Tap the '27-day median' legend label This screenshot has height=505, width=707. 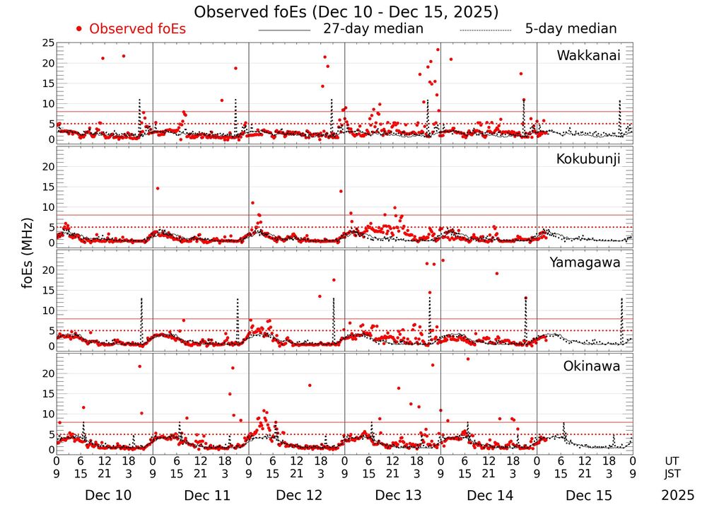(x=373, y=29)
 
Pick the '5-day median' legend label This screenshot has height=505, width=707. (x=571, y=29)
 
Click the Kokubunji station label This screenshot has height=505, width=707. (x=587, y=159)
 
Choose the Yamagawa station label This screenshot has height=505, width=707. (x=585, y=262)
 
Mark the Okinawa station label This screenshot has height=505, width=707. (x=591, y=366)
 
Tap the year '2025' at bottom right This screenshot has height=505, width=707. (x=678, y=495)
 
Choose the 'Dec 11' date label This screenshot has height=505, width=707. (x=207, y=495)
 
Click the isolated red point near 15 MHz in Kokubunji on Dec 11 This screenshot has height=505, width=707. (x=158, y=188)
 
